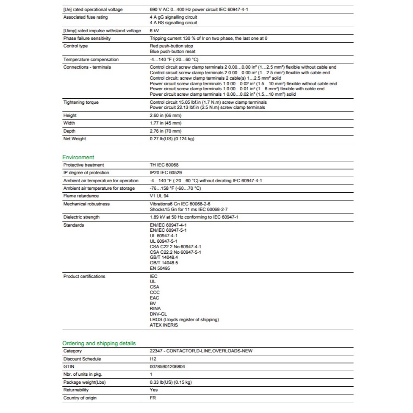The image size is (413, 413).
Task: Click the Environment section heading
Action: pyautogui.click(x=78, y=157)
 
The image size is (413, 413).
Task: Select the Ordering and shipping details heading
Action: pyautogui.click(x=99, y=343)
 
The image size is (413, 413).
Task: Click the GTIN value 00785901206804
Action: pyautogui.click(x=167, y=366)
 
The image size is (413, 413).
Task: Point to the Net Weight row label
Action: pyautogui.click(x=75, y=139)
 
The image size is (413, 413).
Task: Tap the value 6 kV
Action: pyautogui.click(x=154, y=30)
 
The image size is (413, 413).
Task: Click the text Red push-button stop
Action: pyautogui.click(x=171, y=46)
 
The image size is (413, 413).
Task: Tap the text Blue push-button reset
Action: pyautogui.click(x=172, y=51)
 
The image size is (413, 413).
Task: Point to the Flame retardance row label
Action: pyautogui.click(x=81, y=196)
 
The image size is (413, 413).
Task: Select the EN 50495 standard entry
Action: pyautogui.click(x=160, y=268)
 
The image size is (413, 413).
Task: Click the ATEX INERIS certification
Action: pyautogui.click(x=164, y=325)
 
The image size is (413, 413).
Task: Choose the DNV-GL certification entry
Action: pyautogui.click(x=158, y=314)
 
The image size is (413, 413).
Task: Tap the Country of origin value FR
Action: pyautogui.click(x=153, y=398)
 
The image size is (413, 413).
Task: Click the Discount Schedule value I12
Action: pyautogui.click(x=153, y=359)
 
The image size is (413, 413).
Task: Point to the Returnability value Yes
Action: pyautogui.click(x=154, y=390)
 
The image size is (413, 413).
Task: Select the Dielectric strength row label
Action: pyautogui.click(x=81, y=217)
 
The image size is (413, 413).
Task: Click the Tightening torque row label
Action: pyautogui.click(x=81, y=102)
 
